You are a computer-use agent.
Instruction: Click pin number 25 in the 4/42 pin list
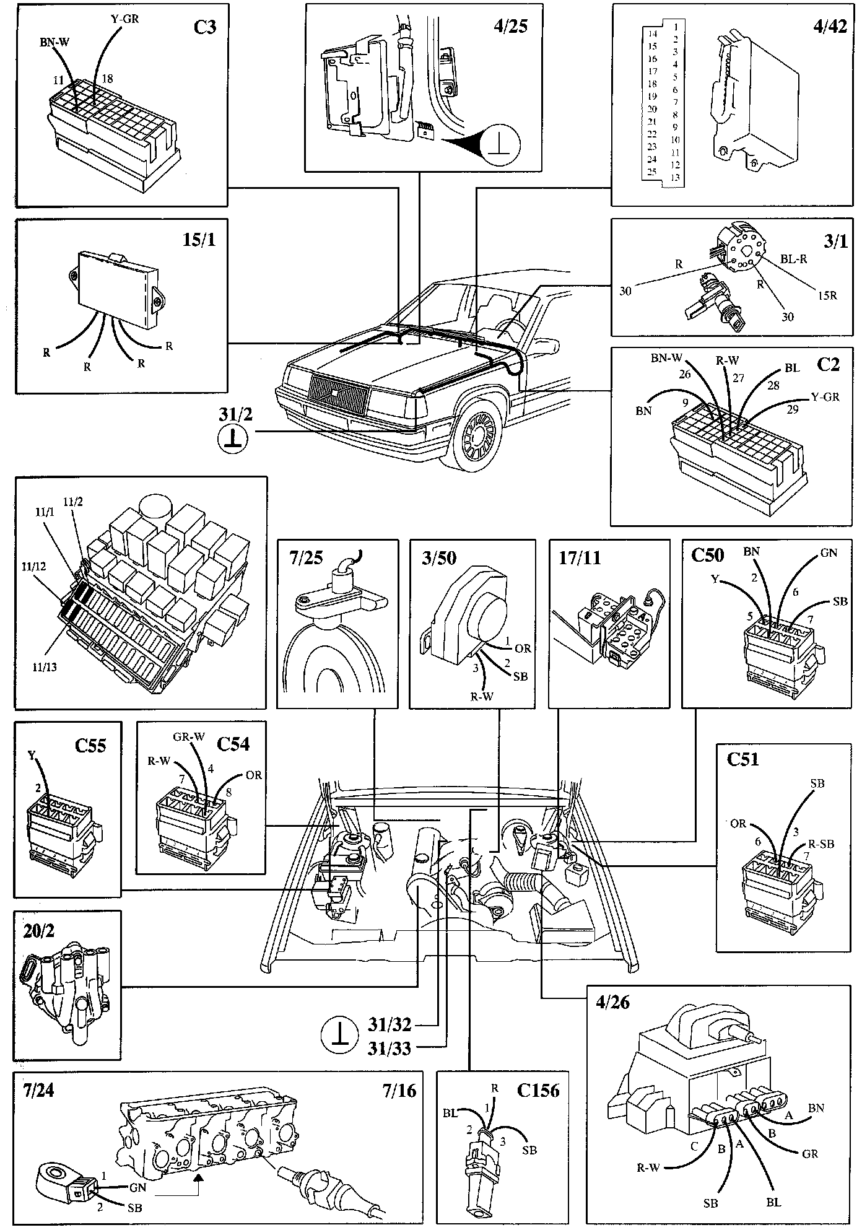tap(651, 172)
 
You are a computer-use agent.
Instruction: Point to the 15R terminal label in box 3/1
tap(825, 295)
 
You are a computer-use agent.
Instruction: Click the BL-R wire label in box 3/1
tap(793, 260)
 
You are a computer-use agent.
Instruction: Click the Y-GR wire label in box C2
tap(825, 398)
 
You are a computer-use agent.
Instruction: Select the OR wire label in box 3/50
tap(523, 648)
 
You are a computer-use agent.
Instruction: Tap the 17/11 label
tap(578, 559)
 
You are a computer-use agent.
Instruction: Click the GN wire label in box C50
tap(828, 553)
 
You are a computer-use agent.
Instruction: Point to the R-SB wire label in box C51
tap(821, 844)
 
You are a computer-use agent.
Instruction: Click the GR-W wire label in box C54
tap(189, 737)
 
